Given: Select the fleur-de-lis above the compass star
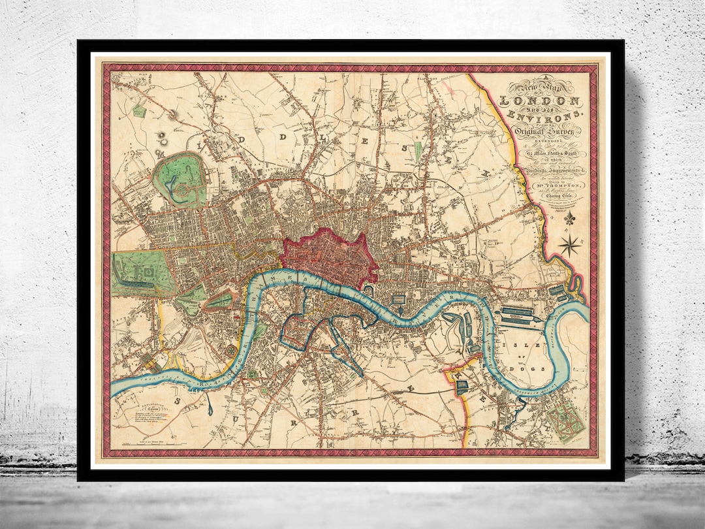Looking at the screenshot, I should pos(570,219).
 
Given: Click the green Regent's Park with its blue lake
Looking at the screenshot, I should pos(178,180).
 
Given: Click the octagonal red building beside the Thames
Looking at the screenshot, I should pos(232,352).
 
